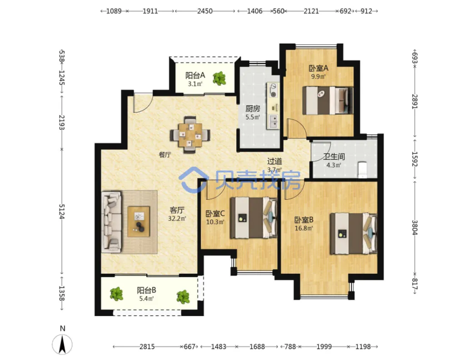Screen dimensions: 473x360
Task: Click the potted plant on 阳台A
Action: [x=219, y=79]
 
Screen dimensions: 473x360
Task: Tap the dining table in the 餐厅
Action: [x=190, y=135]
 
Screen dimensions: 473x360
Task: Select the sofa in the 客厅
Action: [x=112, y=222]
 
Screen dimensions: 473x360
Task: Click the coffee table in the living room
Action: [x=139, y=221]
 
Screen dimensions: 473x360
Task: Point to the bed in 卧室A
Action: [x=328, y=100]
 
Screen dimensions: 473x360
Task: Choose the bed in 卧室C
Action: [x=254, y=218]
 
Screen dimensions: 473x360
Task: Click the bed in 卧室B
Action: [x=353, y=234]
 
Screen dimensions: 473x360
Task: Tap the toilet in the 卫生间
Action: [x=362, y=169]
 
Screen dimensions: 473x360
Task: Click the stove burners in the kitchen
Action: [x=273, y=90]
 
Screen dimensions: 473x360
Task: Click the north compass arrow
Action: [x=62, y=345]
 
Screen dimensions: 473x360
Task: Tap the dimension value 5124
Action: [x=61, y=212]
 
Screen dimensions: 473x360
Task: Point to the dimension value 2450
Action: [x=205, y=11]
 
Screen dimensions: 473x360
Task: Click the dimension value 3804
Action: [x=415, y=227]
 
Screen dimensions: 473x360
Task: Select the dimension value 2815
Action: [x=147, y=347]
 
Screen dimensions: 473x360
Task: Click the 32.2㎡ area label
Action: [x=177, y=218]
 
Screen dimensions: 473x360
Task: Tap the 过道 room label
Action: [x=274, y=162]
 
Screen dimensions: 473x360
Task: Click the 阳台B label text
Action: [x=146, y=291]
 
